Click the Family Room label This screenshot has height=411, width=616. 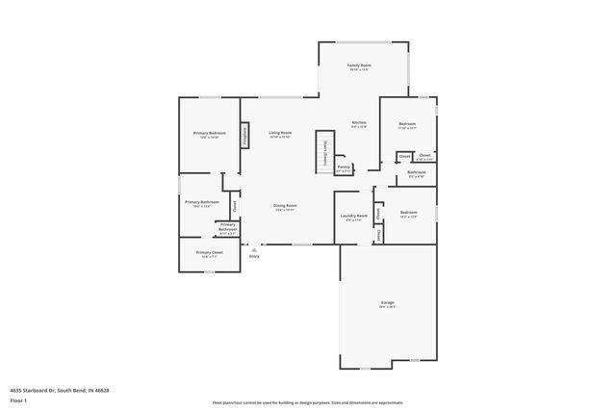359,65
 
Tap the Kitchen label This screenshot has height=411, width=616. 358,123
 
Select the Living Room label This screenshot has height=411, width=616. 280,133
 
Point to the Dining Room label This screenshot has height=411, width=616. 285,206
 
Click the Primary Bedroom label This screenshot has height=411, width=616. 209,133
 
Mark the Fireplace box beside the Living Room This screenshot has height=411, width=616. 245,136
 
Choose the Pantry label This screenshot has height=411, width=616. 344,167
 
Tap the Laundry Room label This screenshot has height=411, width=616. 354,217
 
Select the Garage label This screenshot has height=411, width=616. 387,303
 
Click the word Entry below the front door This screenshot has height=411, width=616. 254,256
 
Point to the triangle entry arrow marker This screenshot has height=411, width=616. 254,248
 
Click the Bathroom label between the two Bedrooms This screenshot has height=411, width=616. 417,172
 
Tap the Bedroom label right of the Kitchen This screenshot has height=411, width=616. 408,123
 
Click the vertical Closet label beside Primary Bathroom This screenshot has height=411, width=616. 234,204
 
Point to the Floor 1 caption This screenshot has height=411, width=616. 18,399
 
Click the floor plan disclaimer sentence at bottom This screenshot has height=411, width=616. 308,402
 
